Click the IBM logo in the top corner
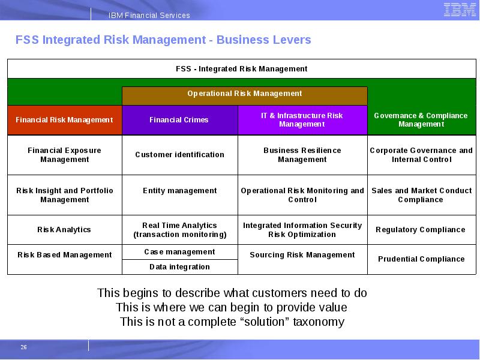click(459, 10)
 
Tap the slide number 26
click(24, 347)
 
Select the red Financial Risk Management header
click(64, 120)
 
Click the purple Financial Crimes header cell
click(179, 120)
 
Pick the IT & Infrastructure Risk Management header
click(302, 120)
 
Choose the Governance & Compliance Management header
click(421, 120)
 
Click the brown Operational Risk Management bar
click(244, 94)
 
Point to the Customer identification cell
click(179, 155)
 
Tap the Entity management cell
click(179, 191)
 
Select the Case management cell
click(179, 252)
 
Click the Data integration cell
click(179, 267)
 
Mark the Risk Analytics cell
click(64, 230)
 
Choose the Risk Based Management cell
click(64, 255)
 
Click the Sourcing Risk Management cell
click(302, 255)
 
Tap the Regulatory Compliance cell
click(420, 230)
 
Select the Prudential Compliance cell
click(421, 259)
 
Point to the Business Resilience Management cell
click(302, 155)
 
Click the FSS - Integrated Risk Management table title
click(241, 69)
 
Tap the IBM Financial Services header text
click(149, 16)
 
